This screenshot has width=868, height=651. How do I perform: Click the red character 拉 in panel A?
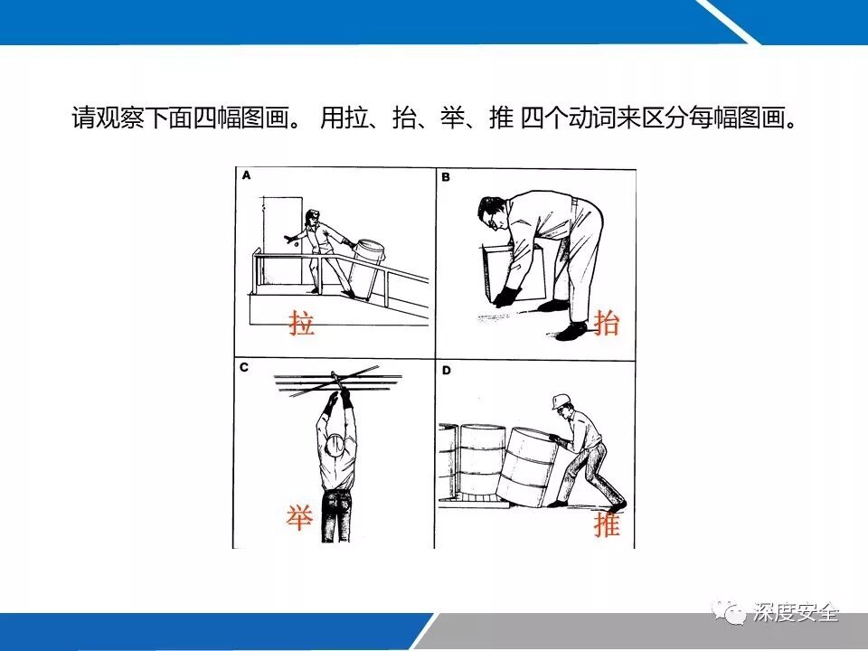click(302, 323)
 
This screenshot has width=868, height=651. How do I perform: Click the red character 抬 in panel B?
click(606, 322)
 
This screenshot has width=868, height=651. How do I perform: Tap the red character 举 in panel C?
click(299, 517)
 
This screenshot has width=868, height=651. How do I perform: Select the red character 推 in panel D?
click(607, 523)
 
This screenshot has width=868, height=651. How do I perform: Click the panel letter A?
click(247, 175)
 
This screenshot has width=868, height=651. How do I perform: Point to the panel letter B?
click(446, 177)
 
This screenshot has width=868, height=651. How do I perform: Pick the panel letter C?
click(245, 367)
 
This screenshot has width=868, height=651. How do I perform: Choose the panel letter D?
click(446, 371)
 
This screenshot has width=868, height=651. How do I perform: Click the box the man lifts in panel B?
click(513, 269)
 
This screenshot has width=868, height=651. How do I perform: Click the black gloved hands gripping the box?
click(506, 297)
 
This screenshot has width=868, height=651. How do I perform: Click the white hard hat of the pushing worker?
click(561, 401)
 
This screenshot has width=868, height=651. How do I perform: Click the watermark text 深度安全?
click(796, 612)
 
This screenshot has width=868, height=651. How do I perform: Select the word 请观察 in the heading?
click(108, 117)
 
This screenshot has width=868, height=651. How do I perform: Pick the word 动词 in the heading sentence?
click(592, 117)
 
